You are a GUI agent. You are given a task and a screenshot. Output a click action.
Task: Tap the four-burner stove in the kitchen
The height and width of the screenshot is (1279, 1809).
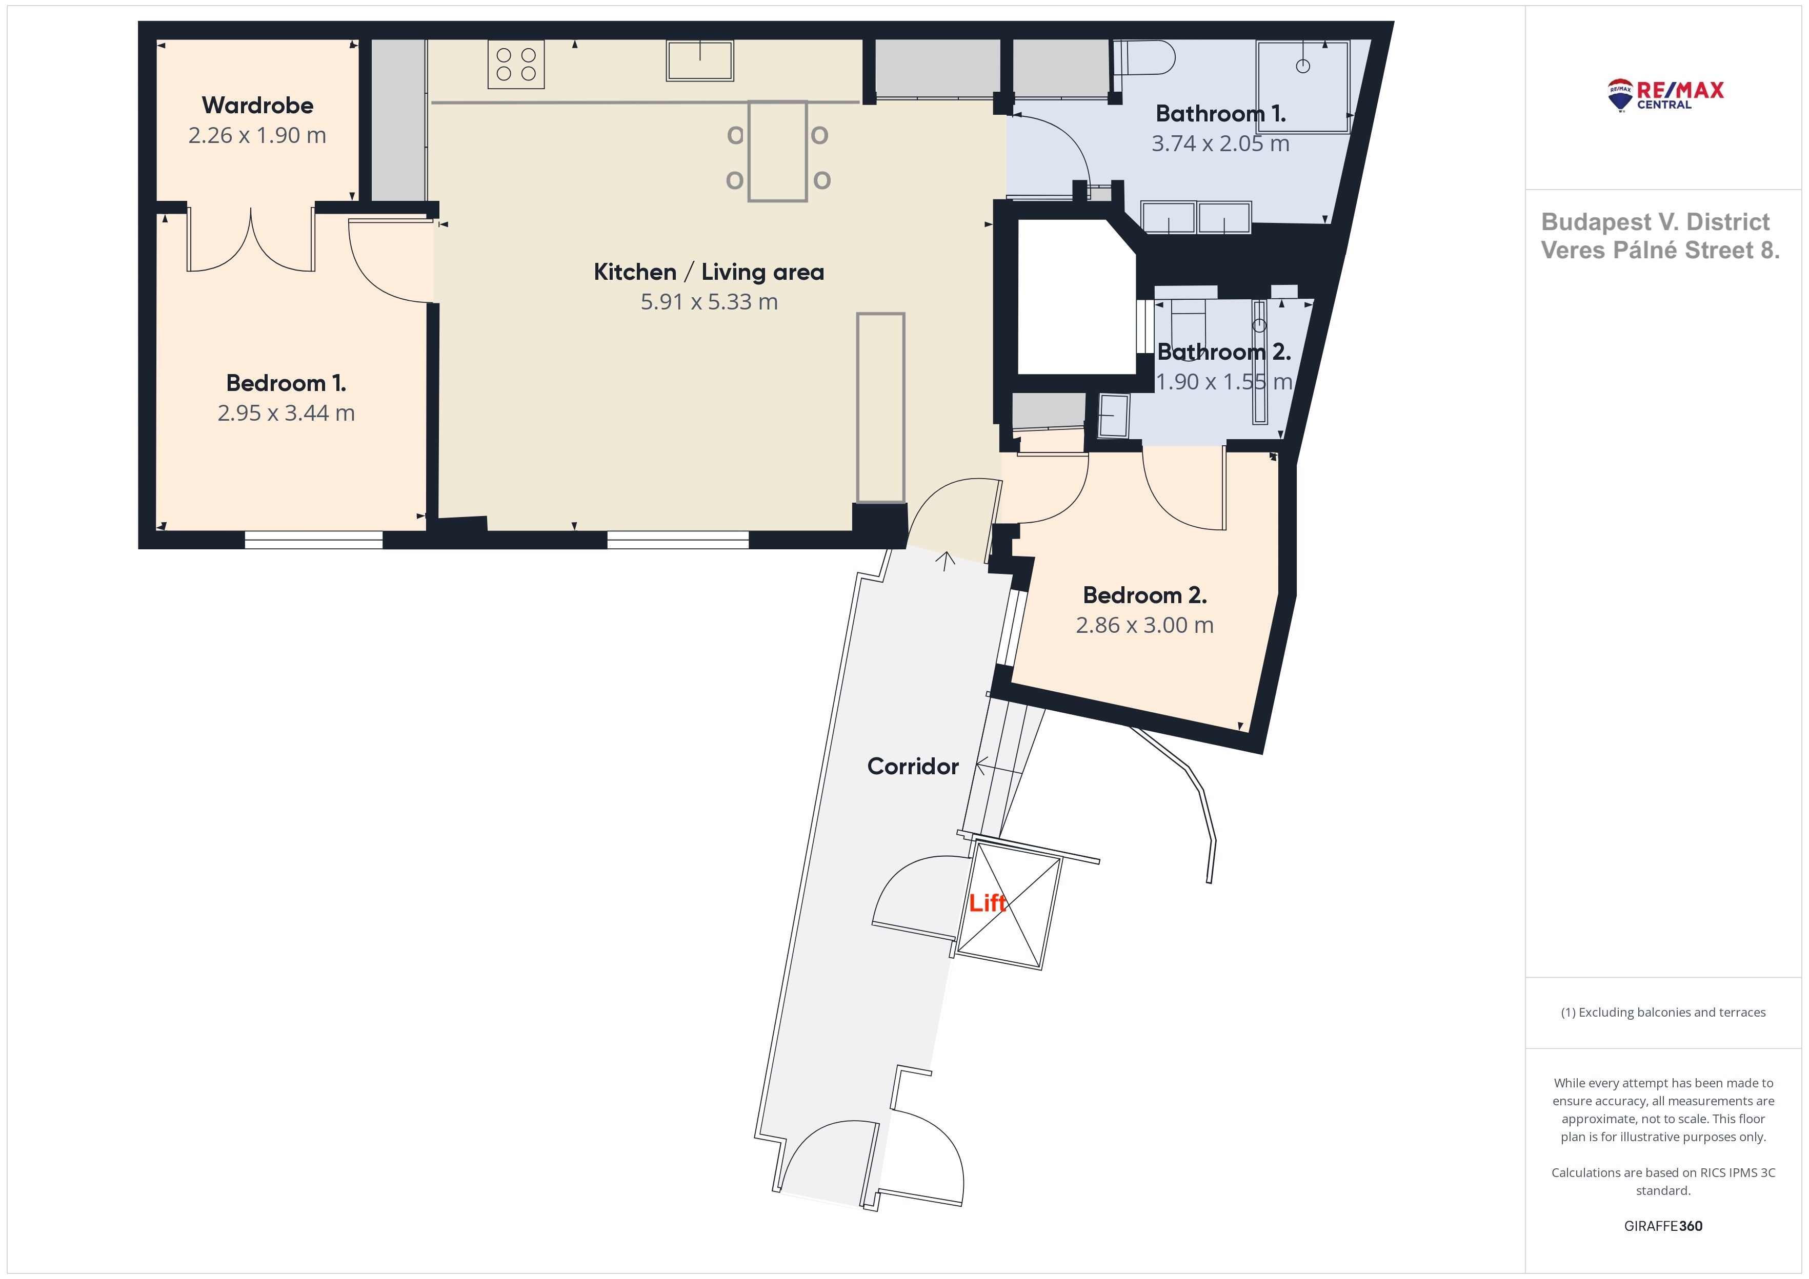[x=516, y=65]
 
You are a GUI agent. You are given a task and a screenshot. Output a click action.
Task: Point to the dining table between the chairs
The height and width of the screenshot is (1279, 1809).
[x=778, y=151]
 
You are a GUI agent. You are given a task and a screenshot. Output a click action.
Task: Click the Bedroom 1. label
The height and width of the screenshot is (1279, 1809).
[x=286, y=383]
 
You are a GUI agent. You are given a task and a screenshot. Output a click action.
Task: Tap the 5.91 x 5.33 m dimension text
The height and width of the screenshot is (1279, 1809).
[x=709, y=302]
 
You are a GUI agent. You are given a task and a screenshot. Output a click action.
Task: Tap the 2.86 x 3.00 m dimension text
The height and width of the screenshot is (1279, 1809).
[x=1145, y=625]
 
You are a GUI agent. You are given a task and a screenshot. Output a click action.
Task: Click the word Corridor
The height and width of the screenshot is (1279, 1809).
[x=913, y=766]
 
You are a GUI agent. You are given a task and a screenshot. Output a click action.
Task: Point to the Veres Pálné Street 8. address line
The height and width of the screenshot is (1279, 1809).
[x=1660, y=251]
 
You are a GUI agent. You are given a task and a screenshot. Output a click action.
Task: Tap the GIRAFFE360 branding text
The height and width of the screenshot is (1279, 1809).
[x=1663, y=1225]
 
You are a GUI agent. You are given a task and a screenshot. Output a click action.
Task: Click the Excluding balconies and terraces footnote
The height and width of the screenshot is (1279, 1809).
[x=1663, y=1012]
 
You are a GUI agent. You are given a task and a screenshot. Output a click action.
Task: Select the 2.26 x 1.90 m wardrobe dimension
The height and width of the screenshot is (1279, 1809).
[x=257, y=135]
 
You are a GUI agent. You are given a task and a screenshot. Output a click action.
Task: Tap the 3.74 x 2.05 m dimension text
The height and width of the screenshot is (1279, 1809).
[x=1220, y=143]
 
